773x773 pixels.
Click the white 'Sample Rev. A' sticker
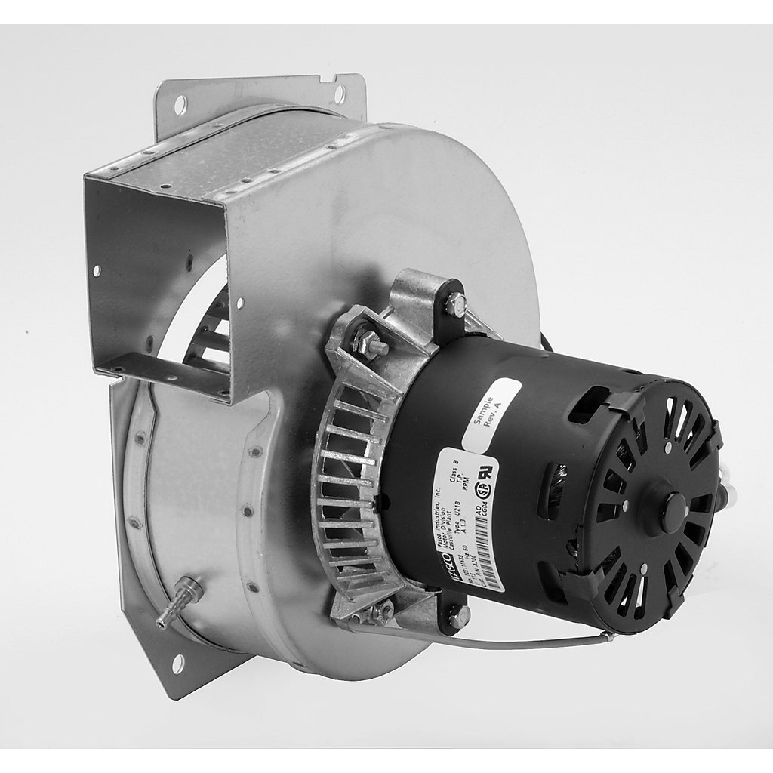(x=491, y=414)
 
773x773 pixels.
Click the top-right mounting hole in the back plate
(x=340, y=94)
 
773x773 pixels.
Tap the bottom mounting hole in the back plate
(x=178, y=664)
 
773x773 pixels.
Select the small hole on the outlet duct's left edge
(x=97, y=269)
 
